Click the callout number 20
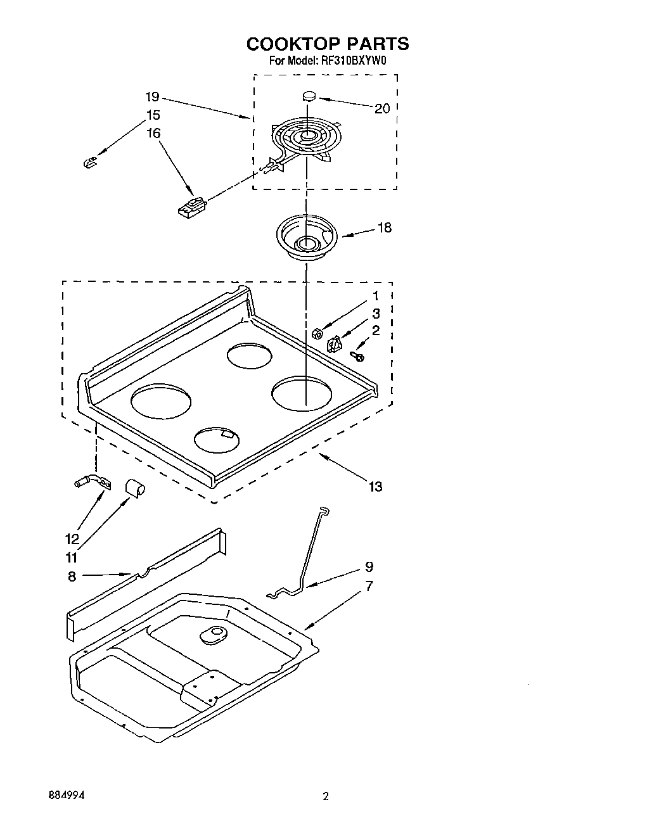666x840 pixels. [382, 108]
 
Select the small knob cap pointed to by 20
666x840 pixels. [309, 96]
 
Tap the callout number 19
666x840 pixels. [151, 97]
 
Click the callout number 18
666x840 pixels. [384, 227]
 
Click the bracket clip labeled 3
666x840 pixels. [334, 345]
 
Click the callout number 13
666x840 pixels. [376, 487]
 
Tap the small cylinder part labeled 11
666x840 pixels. [134, 487]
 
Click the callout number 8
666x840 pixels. [72, 576]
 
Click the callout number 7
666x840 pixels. [369, 586]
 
